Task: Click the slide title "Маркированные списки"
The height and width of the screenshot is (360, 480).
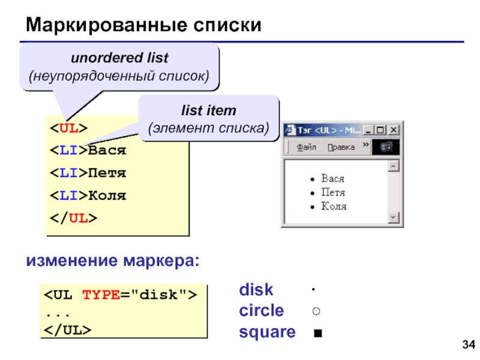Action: pos(143,25)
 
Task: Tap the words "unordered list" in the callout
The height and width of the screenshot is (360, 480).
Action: pos(119,59)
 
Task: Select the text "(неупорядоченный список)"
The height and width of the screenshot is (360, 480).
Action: pos(119,77)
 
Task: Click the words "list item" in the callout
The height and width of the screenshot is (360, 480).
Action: pos(209,110)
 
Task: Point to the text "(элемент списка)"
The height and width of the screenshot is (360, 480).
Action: pos(209,128)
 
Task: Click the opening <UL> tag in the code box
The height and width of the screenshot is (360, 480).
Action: pos(68,128)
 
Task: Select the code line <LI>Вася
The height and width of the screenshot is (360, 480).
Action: pos(88,151)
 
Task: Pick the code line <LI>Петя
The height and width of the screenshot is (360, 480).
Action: pos(88,173)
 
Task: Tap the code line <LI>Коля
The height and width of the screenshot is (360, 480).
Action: pos(88,196)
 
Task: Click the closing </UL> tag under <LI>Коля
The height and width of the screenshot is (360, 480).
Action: pos(73,218)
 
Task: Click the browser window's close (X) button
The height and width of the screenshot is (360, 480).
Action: pos(394,130)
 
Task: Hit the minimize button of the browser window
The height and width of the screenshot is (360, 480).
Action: pos(368,130)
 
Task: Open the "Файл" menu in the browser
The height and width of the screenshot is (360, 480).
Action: pos(307,147)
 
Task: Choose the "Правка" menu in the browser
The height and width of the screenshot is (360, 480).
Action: pos(341,147)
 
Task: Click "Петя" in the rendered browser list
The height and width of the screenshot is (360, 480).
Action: pos(333,193)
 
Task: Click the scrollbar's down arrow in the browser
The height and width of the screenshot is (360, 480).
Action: pos(394,217)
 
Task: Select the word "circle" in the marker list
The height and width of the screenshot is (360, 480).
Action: pos(262,311)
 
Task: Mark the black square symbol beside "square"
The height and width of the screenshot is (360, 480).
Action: pos(316,333)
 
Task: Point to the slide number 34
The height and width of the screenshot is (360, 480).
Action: pos(468,344)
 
